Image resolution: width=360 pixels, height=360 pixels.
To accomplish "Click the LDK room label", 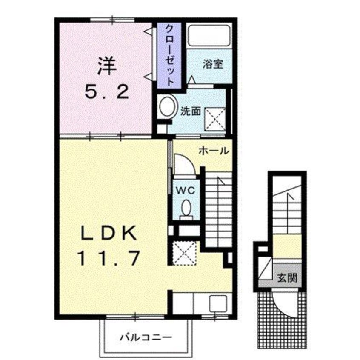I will pos(108,233).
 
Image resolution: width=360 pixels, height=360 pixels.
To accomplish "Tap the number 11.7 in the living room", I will pos(108,257).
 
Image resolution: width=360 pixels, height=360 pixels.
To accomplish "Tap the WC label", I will pos(186,190).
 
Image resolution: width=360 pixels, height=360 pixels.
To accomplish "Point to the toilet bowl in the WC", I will pos(186,209).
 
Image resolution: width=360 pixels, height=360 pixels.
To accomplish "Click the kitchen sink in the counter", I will pos(218,304).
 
